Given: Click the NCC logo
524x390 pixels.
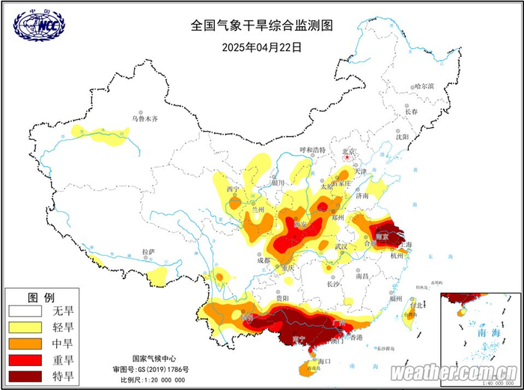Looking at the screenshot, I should [x=38, y=25].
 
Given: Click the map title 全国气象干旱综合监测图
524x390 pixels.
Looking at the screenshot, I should [x=261, y=25].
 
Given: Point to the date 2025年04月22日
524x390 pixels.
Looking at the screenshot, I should [x=262, y=46].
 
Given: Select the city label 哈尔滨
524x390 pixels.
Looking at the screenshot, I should [x=424, y=86].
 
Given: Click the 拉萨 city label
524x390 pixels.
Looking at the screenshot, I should [x=146, y=252].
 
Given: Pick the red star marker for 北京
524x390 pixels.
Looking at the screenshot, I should [x=347, y=158].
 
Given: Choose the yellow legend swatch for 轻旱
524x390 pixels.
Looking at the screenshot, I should [x=23, y=327].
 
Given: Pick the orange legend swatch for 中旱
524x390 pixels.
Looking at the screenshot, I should [x=23, y=344].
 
